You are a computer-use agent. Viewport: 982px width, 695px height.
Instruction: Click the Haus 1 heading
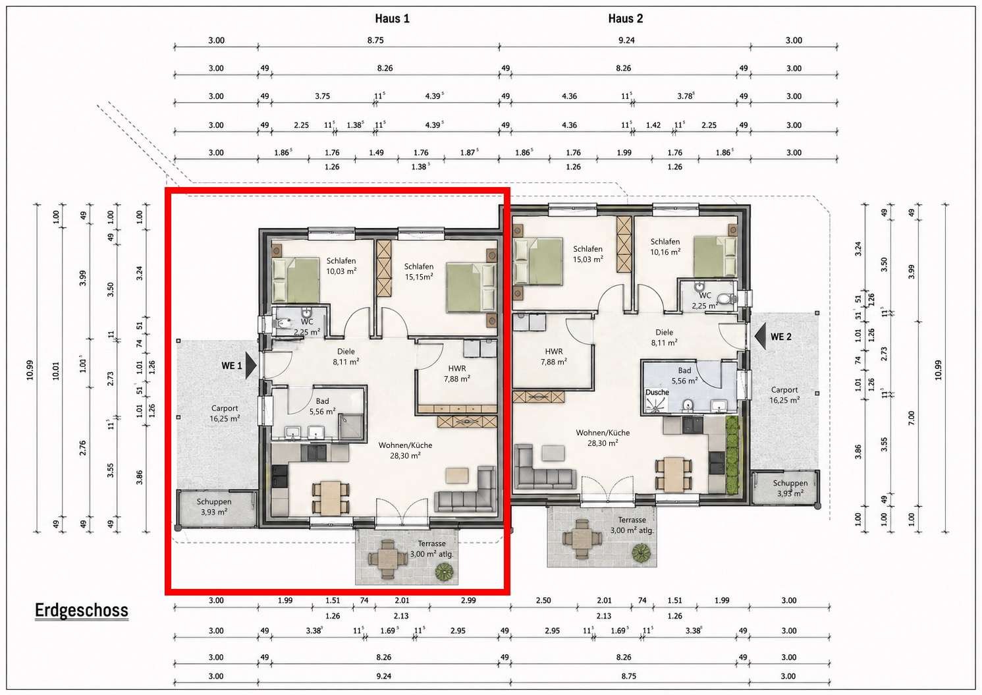pyautogui.click(x=392, y=18)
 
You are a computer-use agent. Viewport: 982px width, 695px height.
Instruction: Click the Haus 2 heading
pyautogui.click(x=625, y=18)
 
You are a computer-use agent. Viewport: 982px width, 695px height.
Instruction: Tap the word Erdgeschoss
pyautogui.click(x=82, y=611)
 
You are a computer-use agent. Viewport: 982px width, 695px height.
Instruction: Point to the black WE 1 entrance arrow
pyautogui.click(x=251, y=365)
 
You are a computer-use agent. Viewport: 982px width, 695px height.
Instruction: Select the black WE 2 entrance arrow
pyautogui.click(x=761, y=337)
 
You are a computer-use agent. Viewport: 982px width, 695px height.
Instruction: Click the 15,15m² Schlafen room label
pyautogui.click(x=419, y=271)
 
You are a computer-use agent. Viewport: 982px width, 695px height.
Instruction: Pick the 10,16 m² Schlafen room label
pyautogui.click(x=665, y=246)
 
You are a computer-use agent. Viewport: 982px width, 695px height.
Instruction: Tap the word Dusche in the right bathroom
pyautogui.click(x=657, y=392)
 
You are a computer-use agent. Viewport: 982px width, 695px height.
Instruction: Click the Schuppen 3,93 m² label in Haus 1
pyautogui.click(x=214, y=507)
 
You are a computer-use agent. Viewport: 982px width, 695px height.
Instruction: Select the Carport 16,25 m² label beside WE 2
pyautogui.click(x=784, y=395)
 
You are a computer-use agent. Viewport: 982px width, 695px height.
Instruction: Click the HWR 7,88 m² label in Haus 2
pyautogui.click(x=554, y=356)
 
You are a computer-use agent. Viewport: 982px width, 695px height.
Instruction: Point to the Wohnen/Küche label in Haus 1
pyautogui.click(x=406, y=445)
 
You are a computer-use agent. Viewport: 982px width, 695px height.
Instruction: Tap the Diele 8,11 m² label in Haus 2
pyautogui.click(x=664, y=337)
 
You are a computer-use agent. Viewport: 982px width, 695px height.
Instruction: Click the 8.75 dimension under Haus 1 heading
pyautogui.click(x=375, y=40)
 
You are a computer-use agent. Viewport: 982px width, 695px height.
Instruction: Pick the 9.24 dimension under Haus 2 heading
pyautogui.click(x=626, y=40)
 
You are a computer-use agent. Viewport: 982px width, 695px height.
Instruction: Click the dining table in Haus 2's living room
pyautogui.click(x=674, y=474)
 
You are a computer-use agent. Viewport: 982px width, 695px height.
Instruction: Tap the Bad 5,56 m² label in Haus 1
pyautogui.click(x=322, y=406)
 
